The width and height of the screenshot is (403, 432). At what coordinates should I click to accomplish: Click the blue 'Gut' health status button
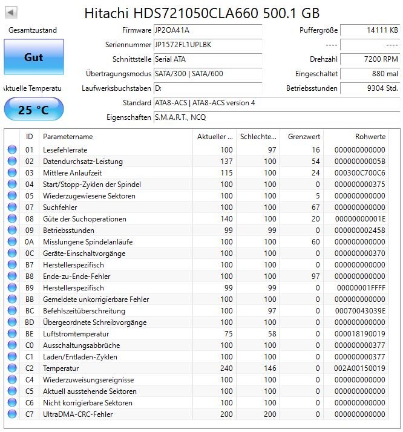(x=33, y=57)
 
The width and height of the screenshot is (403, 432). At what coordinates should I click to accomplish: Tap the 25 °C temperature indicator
(x=33, y=110)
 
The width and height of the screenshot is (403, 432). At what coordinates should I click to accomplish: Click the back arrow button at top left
(x=11, y=12)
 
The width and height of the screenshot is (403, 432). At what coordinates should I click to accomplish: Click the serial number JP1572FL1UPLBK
(x=183, y=45)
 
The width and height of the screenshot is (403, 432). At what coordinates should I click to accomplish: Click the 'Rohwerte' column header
(x=370, y=137)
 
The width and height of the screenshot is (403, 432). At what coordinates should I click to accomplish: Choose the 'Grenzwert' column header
(x=304, y=137)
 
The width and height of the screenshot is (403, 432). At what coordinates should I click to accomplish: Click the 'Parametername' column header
(x=68, y=137)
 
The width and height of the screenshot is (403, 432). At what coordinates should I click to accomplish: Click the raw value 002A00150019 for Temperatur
(x=360, y=368)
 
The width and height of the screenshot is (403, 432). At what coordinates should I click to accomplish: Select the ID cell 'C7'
(x=30, y=414)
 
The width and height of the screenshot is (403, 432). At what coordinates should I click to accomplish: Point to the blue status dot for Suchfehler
(x=12, y=208)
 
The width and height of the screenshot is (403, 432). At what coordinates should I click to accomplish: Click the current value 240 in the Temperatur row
(x=226, y=368)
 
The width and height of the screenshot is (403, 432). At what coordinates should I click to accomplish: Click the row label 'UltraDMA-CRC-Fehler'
(x=78, y=414)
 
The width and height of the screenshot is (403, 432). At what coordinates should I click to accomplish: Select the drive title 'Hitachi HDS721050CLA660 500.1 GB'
(x=201, y=13)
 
